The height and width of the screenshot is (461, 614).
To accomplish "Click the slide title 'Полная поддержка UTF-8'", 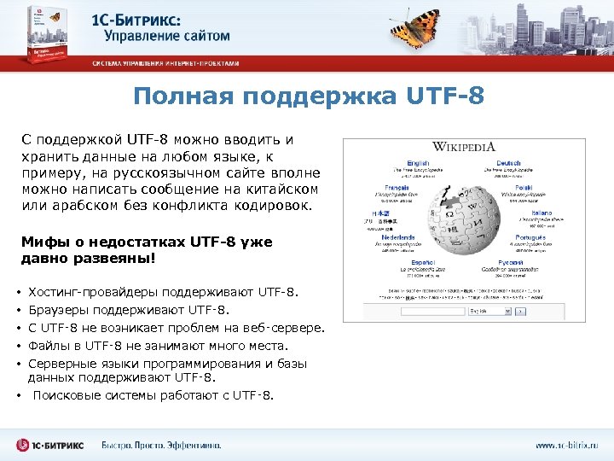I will click(308, 96).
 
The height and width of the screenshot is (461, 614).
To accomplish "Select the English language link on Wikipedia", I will click(418, 163).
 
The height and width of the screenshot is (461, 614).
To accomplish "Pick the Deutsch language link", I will click(508, 163).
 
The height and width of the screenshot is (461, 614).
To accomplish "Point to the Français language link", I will click(397, 188).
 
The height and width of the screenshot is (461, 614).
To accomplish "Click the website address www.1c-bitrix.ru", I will click(566, 445).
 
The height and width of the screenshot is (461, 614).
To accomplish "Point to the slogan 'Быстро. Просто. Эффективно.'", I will click(161, 445).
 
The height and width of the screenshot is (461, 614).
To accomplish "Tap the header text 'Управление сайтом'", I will click(167, 37).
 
